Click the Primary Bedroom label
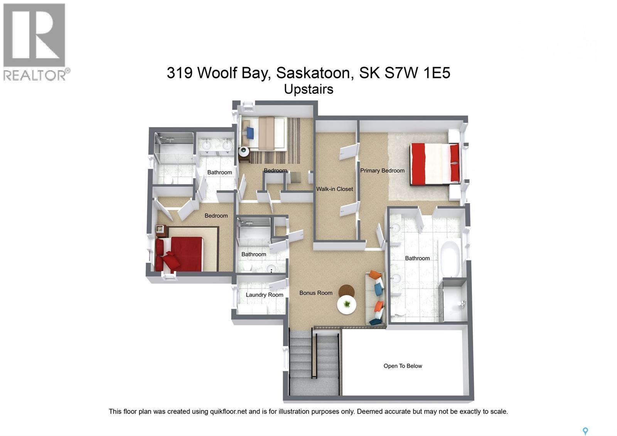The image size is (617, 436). [x=382, y=171]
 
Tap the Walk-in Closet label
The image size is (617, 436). [x=334, y=189]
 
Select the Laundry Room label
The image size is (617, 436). [x=264, y=295]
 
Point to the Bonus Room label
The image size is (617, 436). [x=316, y=293]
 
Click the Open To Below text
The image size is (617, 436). [x=403, y=366]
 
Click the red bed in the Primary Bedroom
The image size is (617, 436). [x=435, y=164]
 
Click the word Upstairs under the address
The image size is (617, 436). [x=308, y=89]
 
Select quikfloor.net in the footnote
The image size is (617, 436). [x=228, y=412]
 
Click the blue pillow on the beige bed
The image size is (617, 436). [x=250, y=133]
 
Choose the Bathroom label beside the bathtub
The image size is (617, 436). [x=417, y=258]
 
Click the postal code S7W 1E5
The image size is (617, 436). [x=417, y=73]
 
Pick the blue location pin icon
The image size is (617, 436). [x=585, y=431]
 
